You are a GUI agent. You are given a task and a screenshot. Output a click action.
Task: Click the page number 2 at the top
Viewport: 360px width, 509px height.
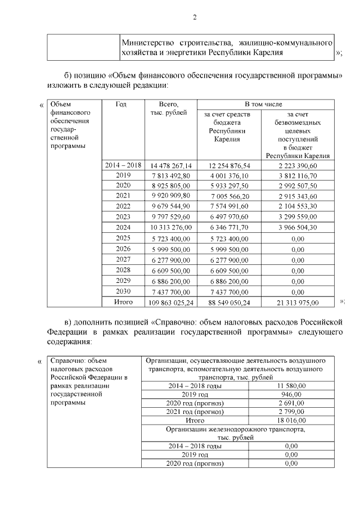point(195,17)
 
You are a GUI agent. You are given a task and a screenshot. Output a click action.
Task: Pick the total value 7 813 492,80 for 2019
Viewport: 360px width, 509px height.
point(171,175)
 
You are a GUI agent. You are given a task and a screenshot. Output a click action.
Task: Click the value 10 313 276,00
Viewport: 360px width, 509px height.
point(171,227)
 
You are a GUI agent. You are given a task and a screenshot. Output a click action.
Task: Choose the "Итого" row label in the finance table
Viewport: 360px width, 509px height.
point(123,302)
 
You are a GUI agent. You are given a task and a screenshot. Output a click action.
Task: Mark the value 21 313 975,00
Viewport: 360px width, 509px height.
point(298,303)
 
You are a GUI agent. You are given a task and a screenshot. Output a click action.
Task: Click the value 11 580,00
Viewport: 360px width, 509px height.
point(291,386)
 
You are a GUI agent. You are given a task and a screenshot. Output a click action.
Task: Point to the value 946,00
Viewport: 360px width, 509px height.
point(291,395)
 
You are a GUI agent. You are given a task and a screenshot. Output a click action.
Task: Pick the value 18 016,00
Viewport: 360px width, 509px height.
point(291,420)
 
